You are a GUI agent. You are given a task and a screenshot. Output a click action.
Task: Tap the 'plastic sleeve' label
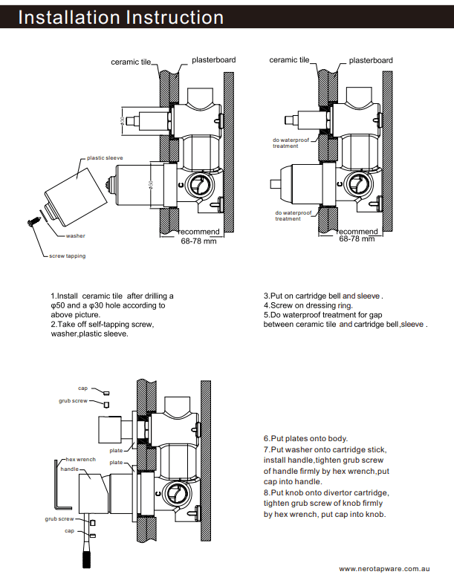pos(105,158)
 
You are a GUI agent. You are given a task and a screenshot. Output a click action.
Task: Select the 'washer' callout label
pos(75,235)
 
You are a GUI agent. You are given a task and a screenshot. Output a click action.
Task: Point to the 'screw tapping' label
pos(67,256)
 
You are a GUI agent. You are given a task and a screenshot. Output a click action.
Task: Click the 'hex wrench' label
pos(80,460)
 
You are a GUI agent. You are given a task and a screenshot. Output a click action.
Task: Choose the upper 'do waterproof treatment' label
pos(291,143)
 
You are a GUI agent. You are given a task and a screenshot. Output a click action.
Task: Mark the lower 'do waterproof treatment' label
pos(291,216)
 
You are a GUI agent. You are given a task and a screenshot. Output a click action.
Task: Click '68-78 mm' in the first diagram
pos(198,241)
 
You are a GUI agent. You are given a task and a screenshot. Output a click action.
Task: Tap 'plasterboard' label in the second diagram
pos(371,60)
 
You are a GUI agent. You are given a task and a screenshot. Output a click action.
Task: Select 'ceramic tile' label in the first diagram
pos(131,62)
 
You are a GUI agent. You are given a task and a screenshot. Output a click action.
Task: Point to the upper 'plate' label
pos(116,450)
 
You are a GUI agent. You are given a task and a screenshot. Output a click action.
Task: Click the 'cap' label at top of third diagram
pos(82,388)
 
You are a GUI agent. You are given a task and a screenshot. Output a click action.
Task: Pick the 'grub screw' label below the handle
pos(59,518)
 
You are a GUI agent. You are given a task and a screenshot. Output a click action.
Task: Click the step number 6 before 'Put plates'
pos(266,439)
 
